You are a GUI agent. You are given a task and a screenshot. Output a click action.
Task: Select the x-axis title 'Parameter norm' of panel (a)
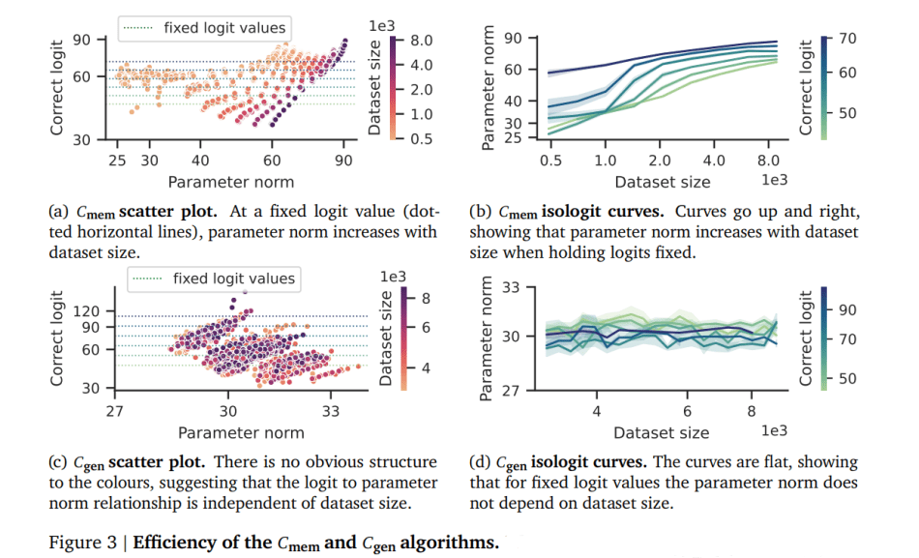pos(230,181)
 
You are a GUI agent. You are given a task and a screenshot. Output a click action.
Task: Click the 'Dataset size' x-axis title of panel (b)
pos(662,181)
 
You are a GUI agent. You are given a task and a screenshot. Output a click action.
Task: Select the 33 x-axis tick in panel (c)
pos(331,411)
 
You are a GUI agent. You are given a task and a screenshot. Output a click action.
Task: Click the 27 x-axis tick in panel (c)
pos(115,411)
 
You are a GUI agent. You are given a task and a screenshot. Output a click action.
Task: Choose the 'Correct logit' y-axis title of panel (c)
pos(59,338)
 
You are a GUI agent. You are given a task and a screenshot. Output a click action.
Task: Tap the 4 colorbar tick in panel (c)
pos(426,368)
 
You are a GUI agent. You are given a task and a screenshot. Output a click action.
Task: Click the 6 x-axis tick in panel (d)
pos(687,411)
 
